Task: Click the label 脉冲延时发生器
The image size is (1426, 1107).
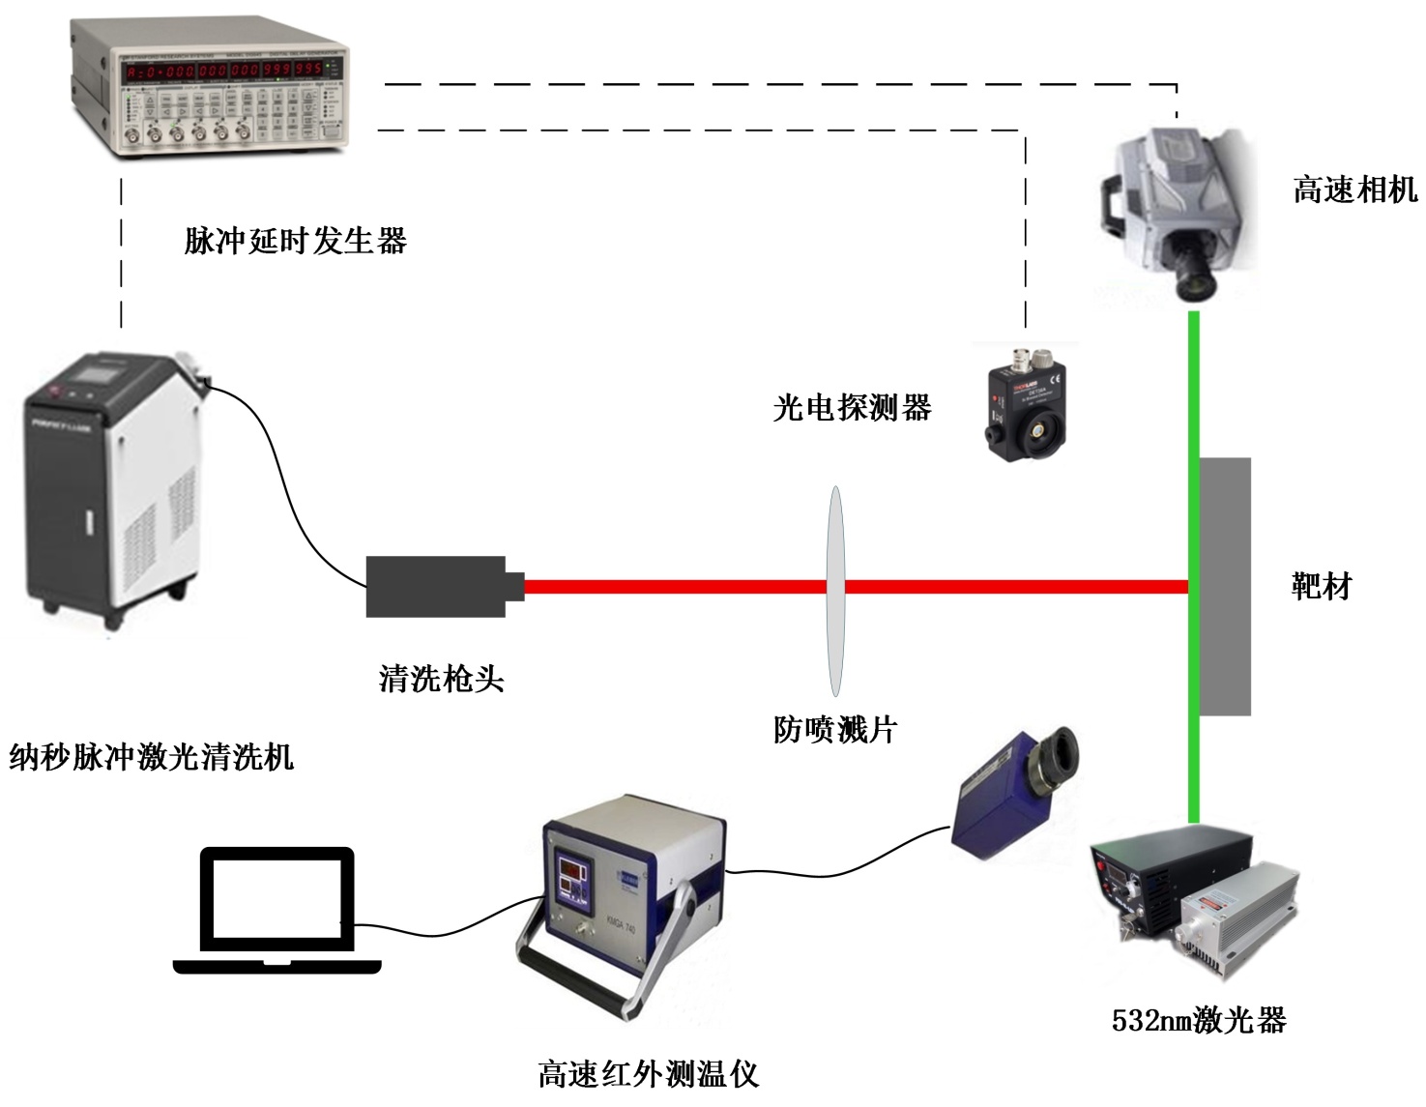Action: click(x=296, y=241)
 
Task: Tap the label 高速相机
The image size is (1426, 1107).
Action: click(x=1354, y=189)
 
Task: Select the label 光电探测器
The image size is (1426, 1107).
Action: click(x=852, y=408)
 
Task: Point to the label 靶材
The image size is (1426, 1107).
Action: click(x=1321, y=586)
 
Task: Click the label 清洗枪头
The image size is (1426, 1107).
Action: click(x=441, y=679)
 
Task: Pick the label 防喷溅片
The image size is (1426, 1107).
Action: click(x=835, y=729)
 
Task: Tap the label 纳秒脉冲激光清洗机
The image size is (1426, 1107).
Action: click(x=151, y=756)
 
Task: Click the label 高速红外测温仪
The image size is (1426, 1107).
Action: click(x=648, y=1074)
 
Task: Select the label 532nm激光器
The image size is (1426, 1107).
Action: click(x=1199, y=1020)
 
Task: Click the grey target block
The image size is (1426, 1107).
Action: click(x=1225, y=586)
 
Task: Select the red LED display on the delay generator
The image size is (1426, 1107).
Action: click(x=228, y=70)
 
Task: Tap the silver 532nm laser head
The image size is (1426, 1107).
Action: click(x=1237, y=914)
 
